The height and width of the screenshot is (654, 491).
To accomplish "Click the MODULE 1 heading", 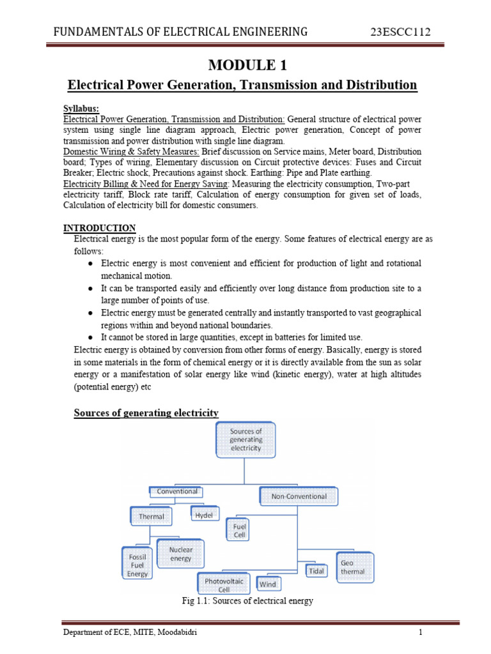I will pos(245,65).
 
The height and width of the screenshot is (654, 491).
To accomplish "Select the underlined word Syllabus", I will pos(81,108).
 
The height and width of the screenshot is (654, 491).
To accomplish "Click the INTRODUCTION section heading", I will pos(99,228).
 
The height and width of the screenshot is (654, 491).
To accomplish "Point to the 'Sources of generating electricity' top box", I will pos(245,439).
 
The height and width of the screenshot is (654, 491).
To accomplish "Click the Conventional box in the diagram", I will pos(177,492).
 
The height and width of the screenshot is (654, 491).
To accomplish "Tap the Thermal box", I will pos(152,516).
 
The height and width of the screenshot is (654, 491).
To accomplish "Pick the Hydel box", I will pos(204,513).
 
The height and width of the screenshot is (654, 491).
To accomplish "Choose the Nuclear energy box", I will pos(181,554).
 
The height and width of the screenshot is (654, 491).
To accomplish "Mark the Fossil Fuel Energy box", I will pos(137,565).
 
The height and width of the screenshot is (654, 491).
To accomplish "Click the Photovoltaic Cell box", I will pos(224,584).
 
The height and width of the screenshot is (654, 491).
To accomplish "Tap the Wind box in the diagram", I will pos(268,584).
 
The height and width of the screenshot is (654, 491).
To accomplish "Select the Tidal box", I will pos(316,571).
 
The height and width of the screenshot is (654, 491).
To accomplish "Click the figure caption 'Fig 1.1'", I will pos(247,601).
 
